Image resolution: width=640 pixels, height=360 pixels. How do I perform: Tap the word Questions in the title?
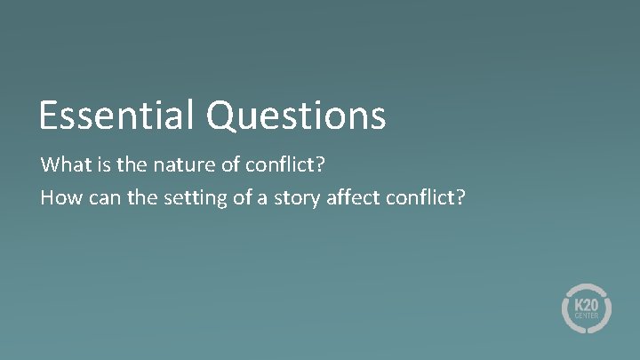coord(297,116)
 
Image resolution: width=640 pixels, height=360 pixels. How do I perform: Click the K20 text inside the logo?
coord(586,303)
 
